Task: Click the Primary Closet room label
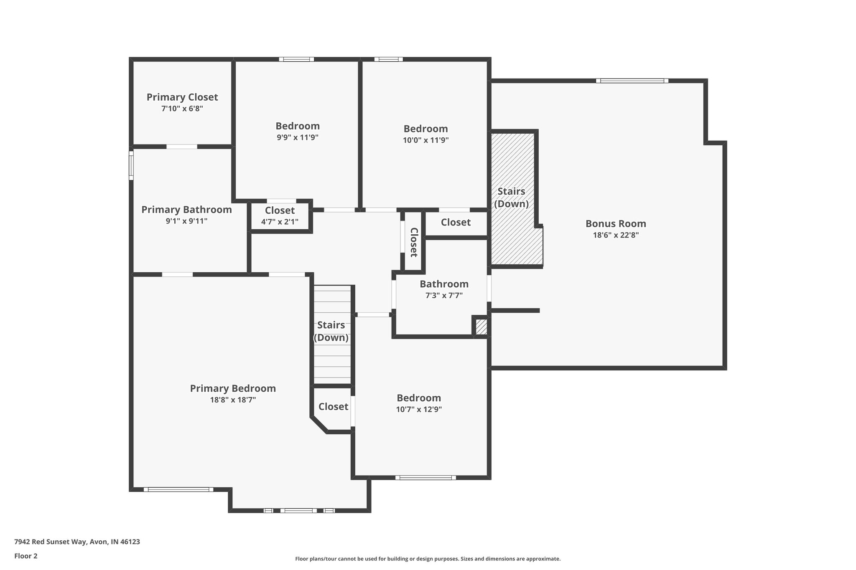pos(182,97)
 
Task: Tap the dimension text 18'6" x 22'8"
pos(615,235)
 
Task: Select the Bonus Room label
pos(615,223)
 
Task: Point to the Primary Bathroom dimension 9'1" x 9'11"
pos(186,221)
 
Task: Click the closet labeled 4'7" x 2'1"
pos(280,215)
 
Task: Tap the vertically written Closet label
pos(414,242)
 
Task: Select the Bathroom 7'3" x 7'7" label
pos(444,284)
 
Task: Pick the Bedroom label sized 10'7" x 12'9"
pos(418,398)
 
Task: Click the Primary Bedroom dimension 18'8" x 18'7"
pos(233,400)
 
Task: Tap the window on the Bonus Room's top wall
pos(632,81)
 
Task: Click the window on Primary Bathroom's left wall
pos(131,165)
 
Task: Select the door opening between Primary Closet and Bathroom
pos(182,147)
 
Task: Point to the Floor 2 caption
pos(26,556)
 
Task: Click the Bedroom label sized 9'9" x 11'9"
pos(297,126)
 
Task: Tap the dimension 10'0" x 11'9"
pos(425,140)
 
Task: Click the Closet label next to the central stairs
pos(333,407)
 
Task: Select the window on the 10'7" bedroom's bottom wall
pos(425,477)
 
